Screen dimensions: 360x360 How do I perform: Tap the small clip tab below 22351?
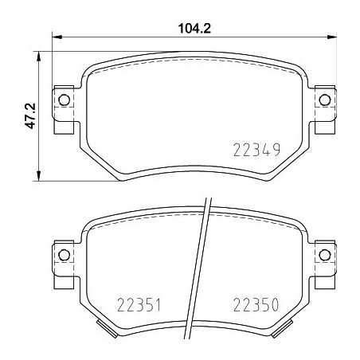coord(101,327)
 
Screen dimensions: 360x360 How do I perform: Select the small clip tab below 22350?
coord(284,327)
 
